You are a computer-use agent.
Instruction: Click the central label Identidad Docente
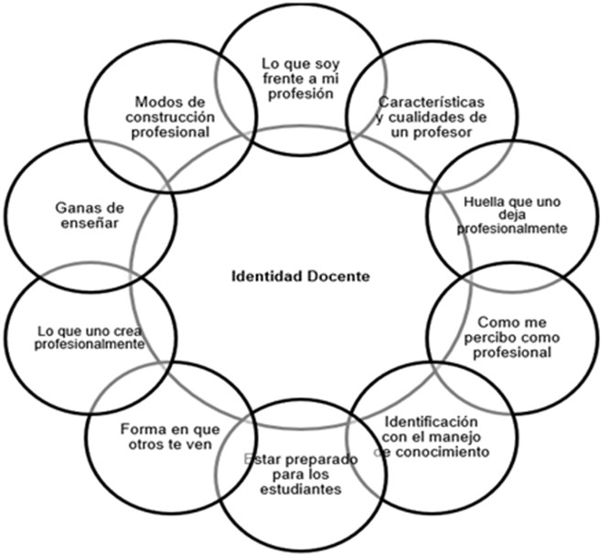click(301, 275)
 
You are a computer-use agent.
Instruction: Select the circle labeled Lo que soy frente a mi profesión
click(298, 77)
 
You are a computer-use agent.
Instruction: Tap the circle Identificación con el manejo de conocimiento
click(431, 437)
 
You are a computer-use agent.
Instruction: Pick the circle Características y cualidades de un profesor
click(430, 114)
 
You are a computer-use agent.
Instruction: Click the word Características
click(430, 100)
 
